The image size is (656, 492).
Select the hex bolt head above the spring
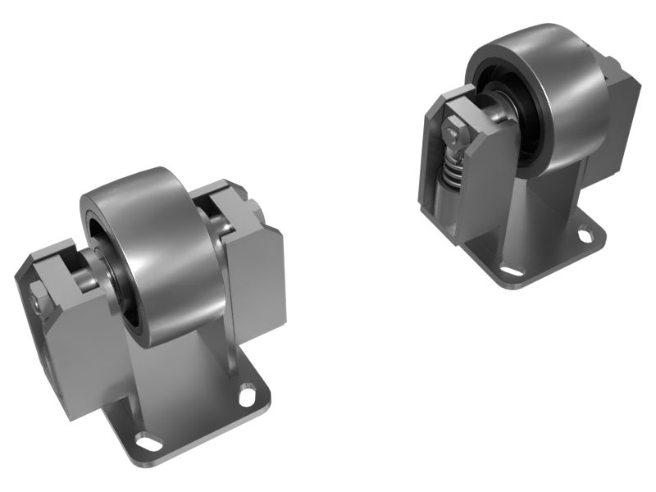453,131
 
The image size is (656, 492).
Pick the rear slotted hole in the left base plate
247,396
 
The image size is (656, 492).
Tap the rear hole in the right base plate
588,234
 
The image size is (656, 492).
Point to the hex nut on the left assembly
41,303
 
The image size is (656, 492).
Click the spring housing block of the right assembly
484,189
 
